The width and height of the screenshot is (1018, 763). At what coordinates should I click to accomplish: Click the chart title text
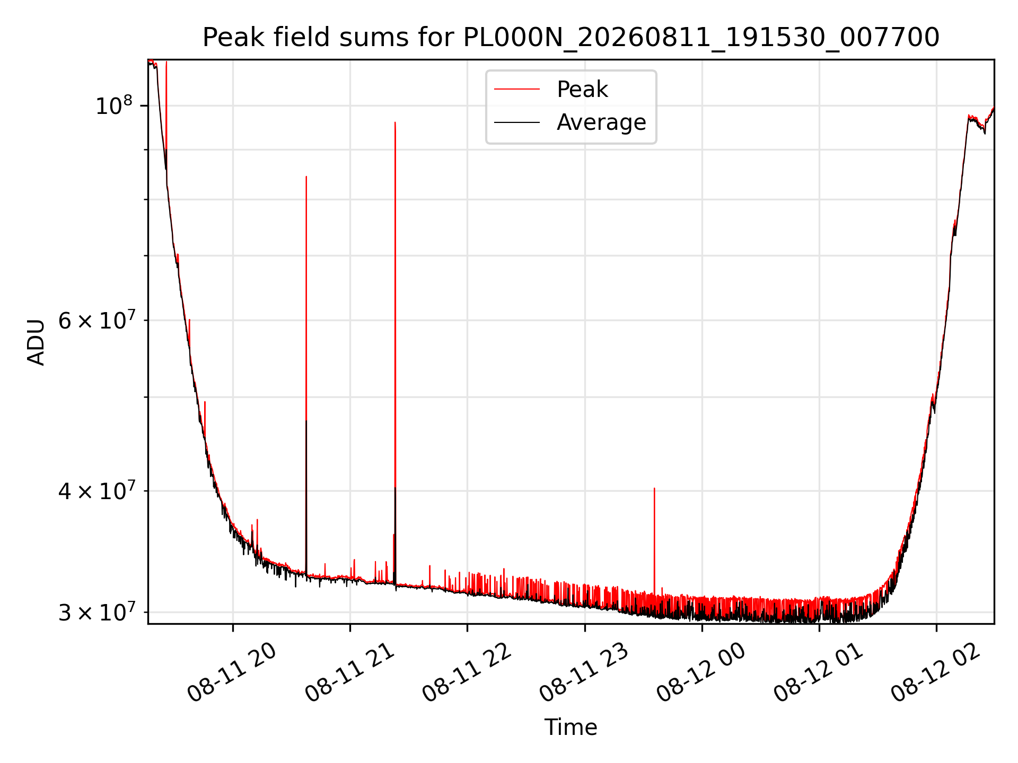point(571,38)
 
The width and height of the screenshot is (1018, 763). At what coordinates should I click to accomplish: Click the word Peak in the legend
point(582,90)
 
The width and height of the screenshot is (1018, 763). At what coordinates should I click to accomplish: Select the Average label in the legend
point(601,122)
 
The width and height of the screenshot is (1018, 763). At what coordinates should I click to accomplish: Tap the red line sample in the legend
point(517,90)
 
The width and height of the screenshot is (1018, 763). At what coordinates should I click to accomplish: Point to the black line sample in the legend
point(517,122)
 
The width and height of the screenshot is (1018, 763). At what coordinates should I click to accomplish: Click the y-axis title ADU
point(37,342)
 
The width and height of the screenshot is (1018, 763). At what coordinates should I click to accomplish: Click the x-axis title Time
point(571,727)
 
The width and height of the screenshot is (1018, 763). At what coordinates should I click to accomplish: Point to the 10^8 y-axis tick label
point(114,105)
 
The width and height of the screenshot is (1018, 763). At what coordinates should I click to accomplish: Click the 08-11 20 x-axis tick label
point(232,672)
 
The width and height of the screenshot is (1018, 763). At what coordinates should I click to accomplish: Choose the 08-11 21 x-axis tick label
point(350,672)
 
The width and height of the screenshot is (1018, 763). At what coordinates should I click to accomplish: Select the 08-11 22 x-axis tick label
point(467,672)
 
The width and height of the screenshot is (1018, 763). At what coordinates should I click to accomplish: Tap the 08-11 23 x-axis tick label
point(584,672)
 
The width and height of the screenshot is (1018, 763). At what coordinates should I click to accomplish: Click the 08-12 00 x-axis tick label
point(701,672)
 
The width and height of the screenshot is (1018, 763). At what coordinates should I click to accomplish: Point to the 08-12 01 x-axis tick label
point(819,672)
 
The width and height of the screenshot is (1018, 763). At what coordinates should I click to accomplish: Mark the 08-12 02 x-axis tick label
point(936,672)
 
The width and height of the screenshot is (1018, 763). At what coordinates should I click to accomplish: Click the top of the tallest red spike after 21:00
point(395,122)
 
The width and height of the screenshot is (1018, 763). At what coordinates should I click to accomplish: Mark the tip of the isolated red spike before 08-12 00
point(654,488)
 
